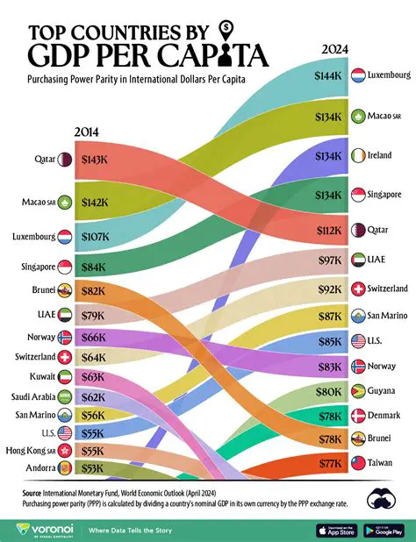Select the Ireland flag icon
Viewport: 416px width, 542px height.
tap(358, 155)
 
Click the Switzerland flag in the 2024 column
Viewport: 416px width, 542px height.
tap(358, 289)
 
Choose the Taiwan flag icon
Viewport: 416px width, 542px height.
tap(358, 462)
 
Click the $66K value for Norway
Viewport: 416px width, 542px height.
tap(94, 336)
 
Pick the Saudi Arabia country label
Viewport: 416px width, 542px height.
tap(32, 396)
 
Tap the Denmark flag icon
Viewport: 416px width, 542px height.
tap(358, 415)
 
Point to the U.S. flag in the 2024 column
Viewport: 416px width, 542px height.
tap(358, 340)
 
